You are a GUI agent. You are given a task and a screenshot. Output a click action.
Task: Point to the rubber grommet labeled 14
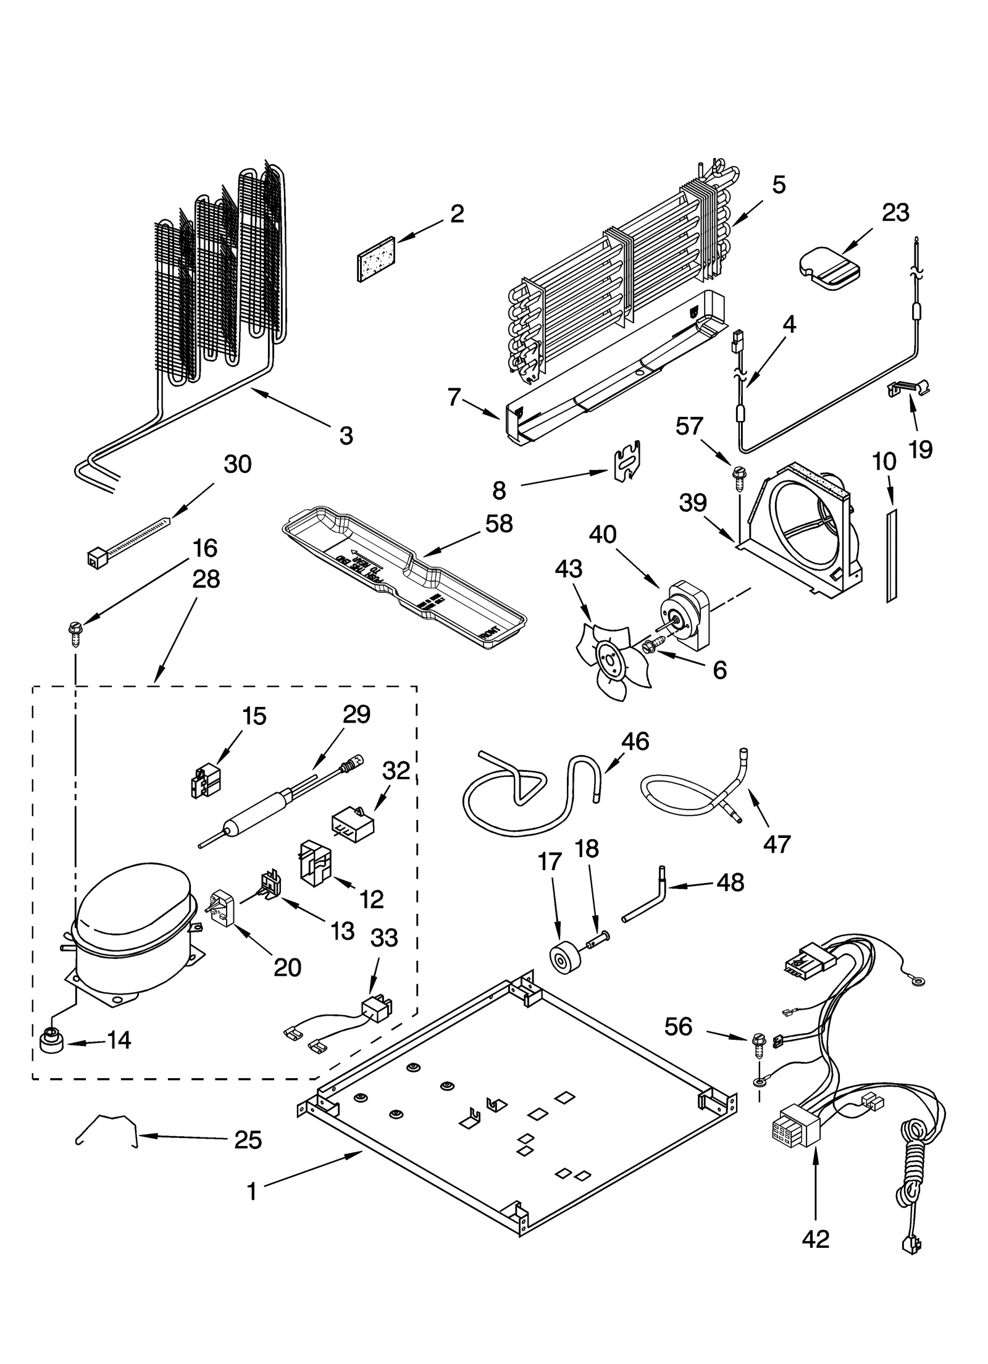51,1041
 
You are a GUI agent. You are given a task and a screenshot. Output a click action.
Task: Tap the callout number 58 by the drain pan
498,524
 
